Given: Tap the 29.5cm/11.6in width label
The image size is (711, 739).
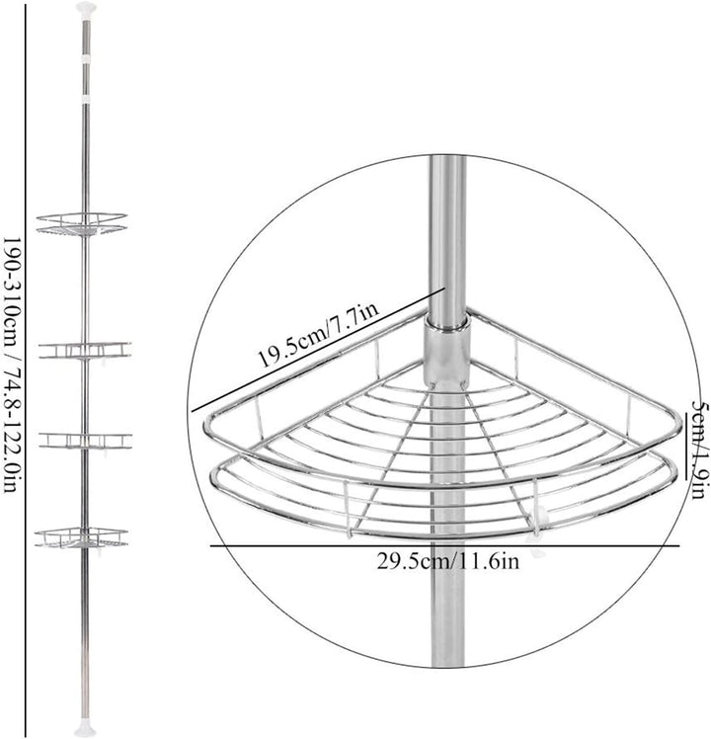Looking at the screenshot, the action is (447, 561).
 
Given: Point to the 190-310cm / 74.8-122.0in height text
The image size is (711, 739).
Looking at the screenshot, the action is (12, 366).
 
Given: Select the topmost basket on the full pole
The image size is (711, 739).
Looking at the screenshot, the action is (82, 224).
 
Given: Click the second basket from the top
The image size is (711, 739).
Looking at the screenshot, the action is (85, 351).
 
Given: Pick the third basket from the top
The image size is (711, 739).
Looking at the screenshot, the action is (85, 442).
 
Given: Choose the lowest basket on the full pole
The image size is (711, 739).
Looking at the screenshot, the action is (82, 538).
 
